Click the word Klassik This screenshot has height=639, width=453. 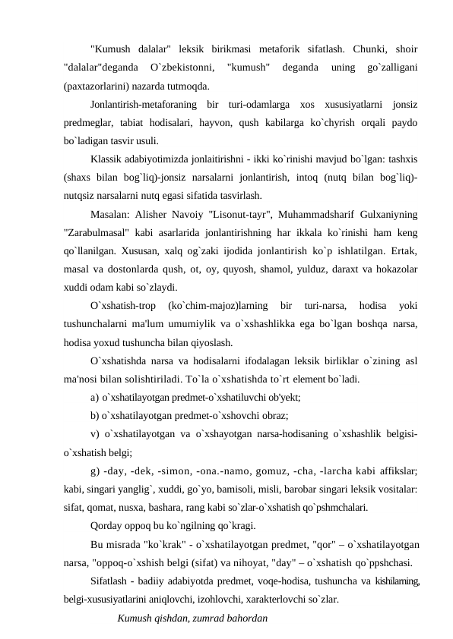pos(107,159)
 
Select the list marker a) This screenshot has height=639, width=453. pos(94,397)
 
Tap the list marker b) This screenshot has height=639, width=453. pos(94,415)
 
